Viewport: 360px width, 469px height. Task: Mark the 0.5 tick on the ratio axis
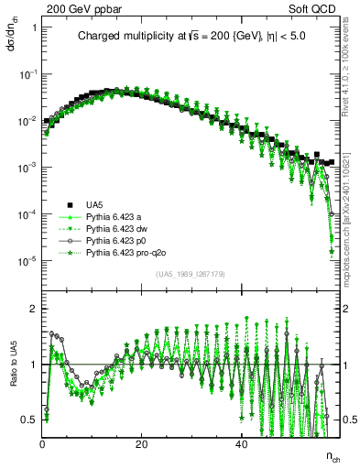[30, 420]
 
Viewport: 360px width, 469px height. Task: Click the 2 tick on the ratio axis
[34, 308]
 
